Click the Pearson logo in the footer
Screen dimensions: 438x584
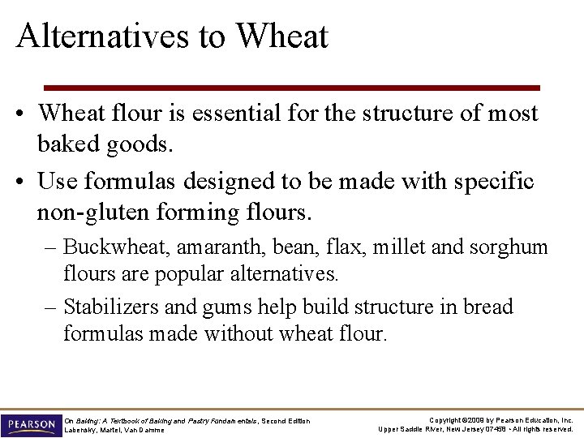click(30, 424)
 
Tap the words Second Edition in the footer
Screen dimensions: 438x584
click(288, 419)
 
